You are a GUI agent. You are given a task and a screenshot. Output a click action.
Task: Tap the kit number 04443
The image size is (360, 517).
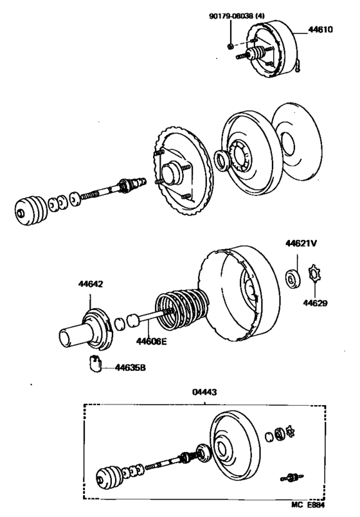coord(204,392)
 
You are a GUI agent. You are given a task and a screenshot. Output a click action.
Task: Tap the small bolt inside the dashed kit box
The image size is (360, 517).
coord(291,476)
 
